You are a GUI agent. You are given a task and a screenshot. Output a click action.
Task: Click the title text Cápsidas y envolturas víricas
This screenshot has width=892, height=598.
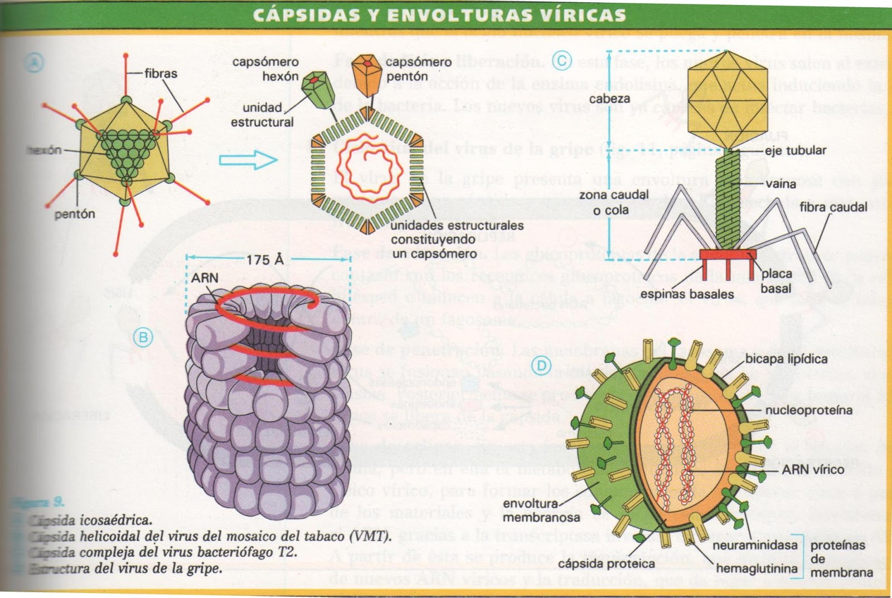click(x=439, y=15)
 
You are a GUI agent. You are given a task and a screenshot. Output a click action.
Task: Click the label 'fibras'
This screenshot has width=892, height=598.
click(x=161, y=74)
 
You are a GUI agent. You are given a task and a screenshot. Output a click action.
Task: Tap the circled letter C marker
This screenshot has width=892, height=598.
click(x=561, y=60)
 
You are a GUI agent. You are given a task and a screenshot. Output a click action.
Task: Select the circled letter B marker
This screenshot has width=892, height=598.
click(x=143, y=337)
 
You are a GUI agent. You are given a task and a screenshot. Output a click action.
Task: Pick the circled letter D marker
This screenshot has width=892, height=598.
click(x=541, y=366)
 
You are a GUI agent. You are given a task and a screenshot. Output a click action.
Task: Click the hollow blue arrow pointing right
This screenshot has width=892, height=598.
click(x=248, y=160)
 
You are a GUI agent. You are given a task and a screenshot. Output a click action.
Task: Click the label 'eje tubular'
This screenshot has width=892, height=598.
click(x=795, y=150)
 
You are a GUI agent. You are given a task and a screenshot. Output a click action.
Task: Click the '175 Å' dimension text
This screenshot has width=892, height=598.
click(x=265, y=260)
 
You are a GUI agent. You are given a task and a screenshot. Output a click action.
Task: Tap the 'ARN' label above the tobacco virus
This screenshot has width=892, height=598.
click(x=205, y=278)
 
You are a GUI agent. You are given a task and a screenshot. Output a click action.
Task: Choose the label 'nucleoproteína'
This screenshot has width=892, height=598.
click(x=808, y=410)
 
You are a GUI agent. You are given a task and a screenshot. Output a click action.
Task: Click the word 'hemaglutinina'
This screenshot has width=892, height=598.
click(x=757, y=568)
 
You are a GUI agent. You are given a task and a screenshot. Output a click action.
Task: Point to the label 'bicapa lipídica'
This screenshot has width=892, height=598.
click(x=786, y=359)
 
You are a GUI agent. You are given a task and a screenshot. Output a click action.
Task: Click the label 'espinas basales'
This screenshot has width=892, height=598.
click(x=686, y=294)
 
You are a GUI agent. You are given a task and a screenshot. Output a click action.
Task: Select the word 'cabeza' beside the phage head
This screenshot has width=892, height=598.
click(x=609, y=99)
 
